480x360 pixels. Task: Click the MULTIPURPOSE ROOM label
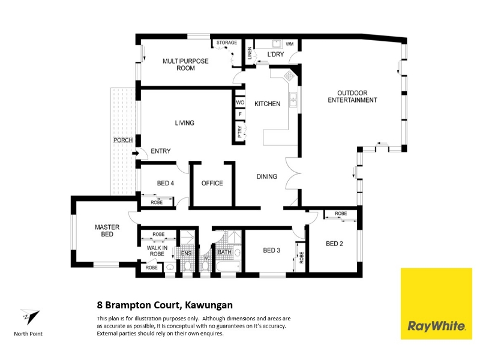[x=185, y=65]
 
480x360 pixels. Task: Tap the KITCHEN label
[x=267, y=104]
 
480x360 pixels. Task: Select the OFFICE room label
[x=212, y=183]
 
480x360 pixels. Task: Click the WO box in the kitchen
[x=241, y=102]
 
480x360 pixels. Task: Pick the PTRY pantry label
[x=240, y=131]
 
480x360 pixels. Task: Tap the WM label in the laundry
[x=290, y=44]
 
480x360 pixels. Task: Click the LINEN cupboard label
[x=250, y=53]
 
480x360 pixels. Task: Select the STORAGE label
[x=227, y=43]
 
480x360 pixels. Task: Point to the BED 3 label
[x=272, y=250]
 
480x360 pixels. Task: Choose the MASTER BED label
[x=107, y=230]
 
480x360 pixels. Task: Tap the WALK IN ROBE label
[x=157, y=251]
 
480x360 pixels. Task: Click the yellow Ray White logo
[x=436, y=304]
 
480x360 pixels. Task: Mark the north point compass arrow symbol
[x=30, y=317]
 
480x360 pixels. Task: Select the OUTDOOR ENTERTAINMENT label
[x=352, y=97]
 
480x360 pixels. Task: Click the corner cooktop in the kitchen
[x=289, y=76]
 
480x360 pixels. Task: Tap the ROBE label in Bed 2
[x=341, y=214]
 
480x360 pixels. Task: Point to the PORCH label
[x=123, y=140]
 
